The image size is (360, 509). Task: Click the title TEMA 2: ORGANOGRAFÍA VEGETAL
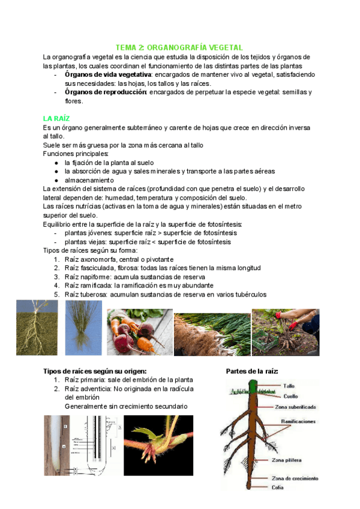click(179, 47)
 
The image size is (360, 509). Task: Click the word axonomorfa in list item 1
click(101, 259)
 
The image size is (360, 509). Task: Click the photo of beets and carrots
click(139, 333)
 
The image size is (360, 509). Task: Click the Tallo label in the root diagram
click(289, 386)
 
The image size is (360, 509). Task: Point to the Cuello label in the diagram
click(290, 396)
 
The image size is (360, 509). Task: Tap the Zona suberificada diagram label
click(295, 406)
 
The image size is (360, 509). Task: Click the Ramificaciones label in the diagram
click(298, 422)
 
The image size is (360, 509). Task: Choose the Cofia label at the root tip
click(277, 487)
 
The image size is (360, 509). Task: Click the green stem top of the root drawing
click(252, 385)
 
